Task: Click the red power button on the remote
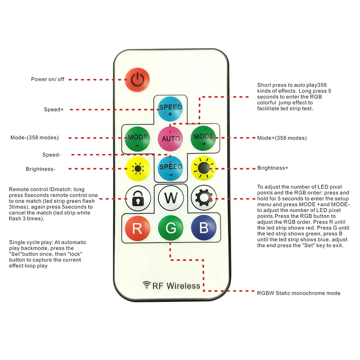(137, 80)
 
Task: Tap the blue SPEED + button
(170, 109)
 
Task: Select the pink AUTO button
(170, 139)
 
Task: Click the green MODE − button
(138, 139)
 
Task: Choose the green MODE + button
(203, 138)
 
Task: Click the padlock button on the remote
(138, 198)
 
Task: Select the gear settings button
(204, 198)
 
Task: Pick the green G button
(171, 228)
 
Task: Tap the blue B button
(204, 228)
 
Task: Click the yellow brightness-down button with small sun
(138, 169)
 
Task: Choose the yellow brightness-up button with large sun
(203, 168)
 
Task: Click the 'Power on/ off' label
(48, 79)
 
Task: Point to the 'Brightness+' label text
(273, 168)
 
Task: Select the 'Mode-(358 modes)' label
(35, 138)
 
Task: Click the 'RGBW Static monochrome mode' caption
(298, 293)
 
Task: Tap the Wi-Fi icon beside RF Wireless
(147, 285)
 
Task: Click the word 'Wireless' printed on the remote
(183, 286)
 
